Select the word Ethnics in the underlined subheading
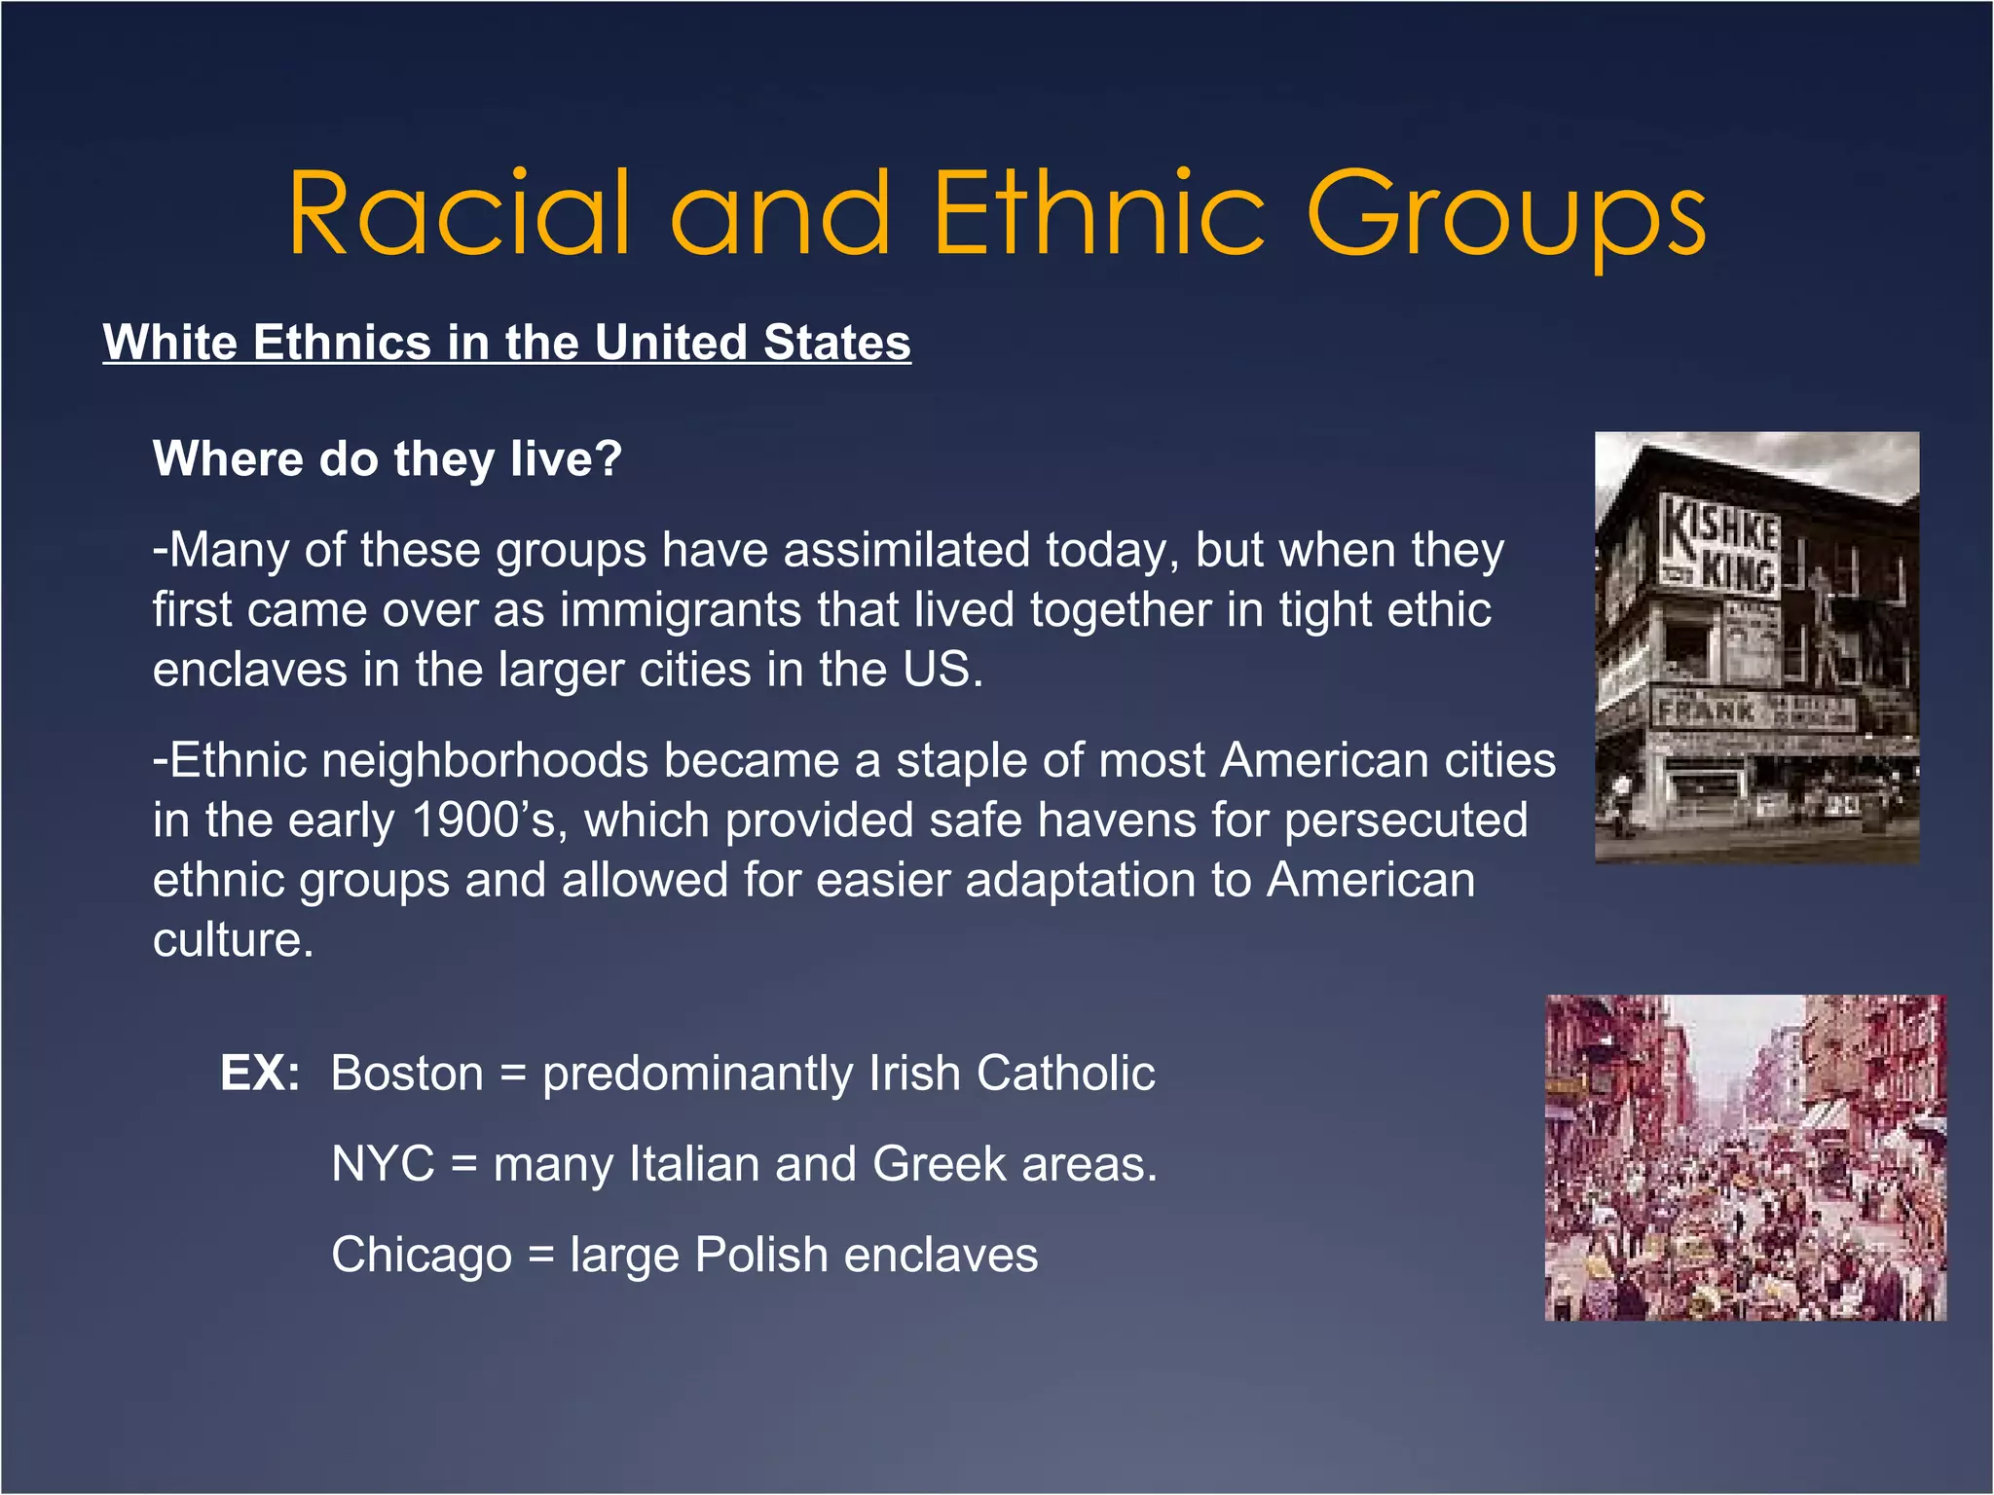click(x=342, y=343)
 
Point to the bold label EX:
click(x=260, y=1073)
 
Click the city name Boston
click(x=407, y=1073)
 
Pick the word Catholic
click(x=1065, y=1073)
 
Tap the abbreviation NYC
click(x=383, y=1164)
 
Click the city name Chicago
click(x=421, y=1255)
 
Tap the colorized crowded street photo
click(x=1745, y=1157)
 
